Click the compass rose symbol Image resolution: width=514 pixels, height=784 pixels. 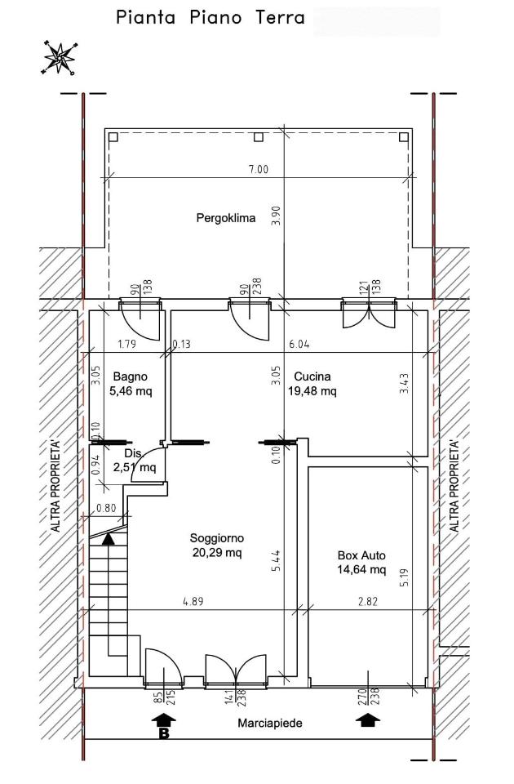tap(60, 57)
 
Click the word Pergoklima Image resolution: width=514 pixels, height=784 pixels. tap(226, 218)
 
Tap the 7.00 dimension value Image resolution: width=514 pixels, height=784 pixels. tap(259, 169)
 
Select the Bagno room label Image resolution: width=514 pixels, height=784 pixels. tap(131, 376)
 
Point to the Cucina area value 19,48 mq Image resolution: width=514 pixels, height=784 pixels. tap(312, 390)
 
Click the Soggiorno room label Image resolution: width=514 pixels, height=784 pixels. tap(217, 538)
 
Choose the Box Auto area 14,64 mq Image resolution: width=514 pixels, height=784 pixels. tap(361, 569)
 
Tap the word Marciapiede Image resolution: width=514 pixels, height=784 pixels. tap(270, 723)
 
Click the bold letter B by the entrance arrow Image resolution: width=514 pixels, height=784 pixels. tap(164, 734)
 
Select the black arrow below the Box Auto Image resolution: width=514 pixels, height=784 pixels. tap(368, 720)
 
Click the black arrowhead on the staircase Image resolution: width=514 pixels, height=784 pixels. tap(108, 538)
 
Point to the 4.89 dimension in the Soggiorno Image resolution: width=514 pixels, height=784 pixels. tap(193, 602)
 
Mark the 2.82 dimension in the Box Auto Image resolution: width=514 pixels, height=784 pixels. tap(368, 602)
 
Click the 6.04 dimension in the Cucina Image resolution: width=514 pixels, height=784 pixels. tap(299, 344)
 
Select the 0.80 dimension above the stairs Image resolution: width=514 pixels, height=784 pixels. tap(106, 509)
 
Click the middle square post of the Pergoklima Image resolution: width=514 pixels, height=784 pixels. tap(259, 137)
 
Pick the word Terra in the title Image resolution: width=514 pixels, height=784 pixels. tap(280, 18)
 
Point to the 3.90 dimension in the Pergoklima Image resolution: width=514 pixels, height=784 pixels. tap(277, 216)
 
